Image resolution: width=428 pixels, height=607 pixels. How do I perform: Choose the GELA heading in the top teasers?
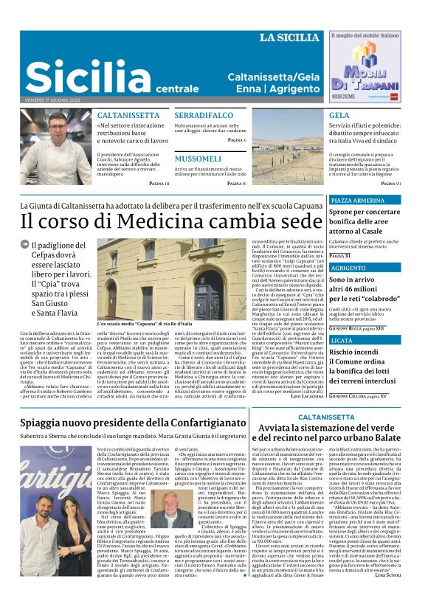pos(339,116)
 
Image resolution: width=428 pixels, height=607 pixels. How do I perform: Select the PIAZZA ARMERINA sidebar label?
pos(357,201)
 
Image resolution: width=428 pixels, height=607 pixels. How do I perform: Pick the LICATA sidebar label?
pos(342,340)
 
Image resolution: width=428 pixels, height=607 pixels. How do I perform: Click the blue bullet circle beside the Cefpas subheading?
pos(24,246)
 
